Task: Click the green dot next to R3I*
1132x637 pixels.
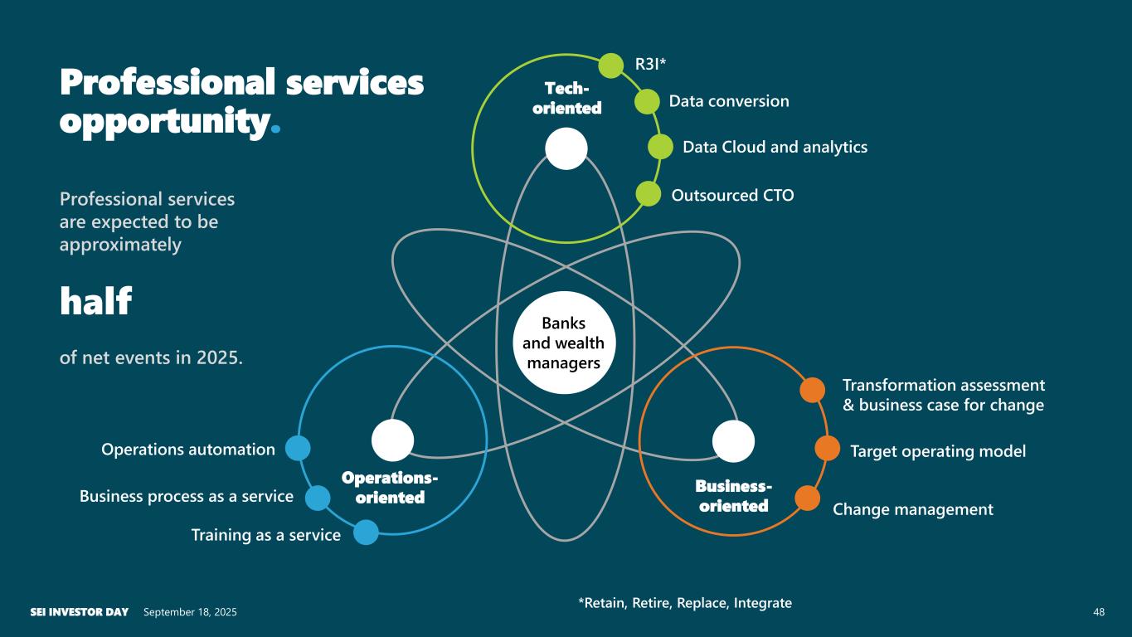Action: point(611,65)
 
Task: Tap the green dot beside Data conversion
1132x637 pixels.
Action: point(647,101)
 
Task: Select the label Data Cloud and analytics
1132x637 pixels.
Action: point(775,147)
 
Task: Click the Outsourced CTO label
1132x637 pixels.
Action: point(732,195)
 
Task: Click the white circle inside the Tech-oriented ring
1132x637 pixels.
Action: point(566,148)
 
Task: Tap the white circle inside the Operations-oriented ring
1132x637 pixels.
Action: point(392,440)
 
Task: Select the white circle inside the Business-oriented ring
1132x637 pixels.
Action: point(733,440)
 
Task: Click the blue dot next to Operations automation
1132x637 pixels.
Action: point(298,448)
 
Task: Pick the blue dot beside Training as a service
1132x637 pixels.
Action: point(366,532)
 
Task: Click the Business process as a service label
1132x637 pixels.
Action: point(187,496)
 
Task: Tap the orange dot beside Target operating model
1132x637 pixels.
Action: point(827,448)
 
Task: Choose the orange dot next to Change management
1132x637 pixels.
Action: point(807,498)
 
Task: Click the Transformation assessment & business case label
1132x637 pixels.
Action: point(943,395)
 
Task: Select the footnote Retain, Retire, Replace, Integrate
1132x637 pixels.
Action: point(684,603)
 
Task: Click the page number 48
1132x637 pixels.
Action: point(1099,612)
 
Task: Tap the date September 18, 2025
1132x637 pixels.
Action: point(190,612)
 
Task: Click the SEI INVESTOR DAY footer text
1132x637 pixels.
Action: point(79,612)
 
